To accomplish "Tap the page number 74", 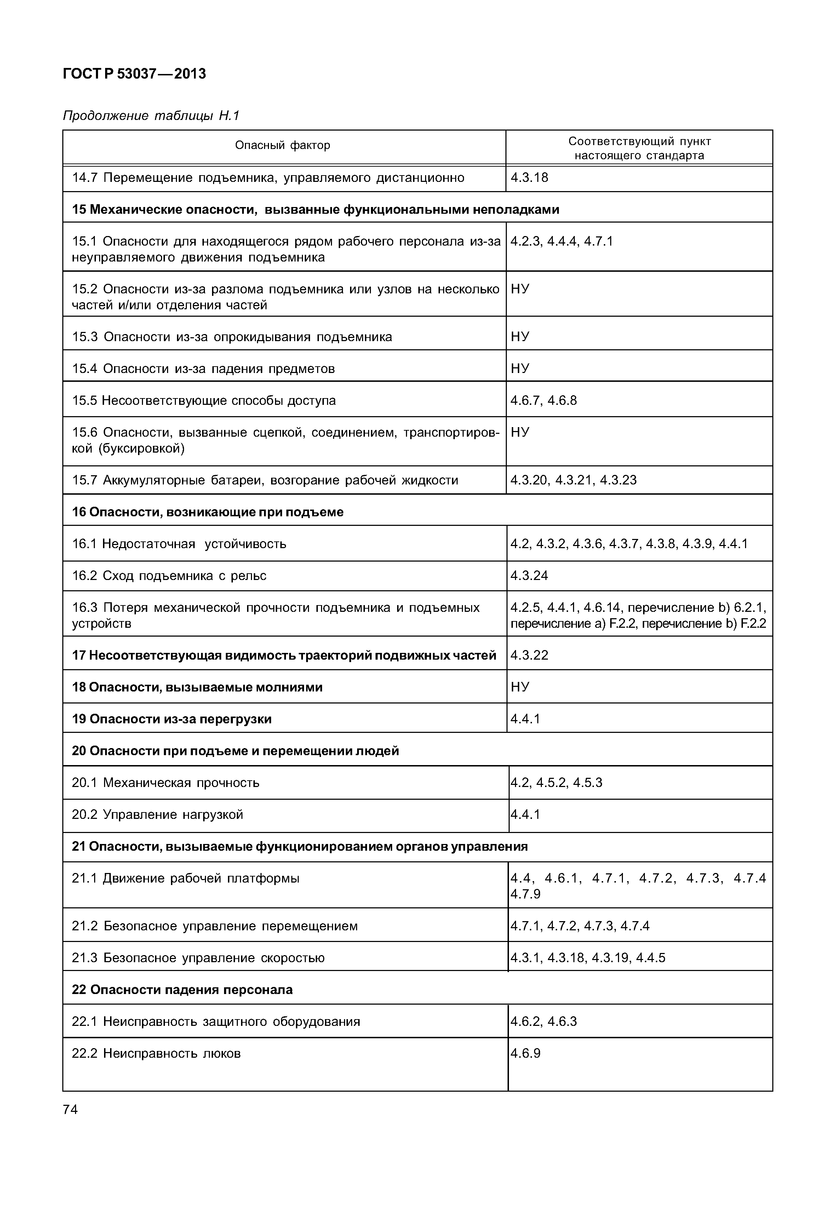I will pyautogui.click(x=70, y=1109).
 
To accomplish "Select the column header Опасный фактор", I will pyautogui.click(x=282, y=145).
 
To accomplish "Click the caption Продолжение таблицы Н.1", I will pyautogui.click(x=151, y=115).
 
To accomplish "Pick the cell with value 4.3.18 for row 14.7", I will pyautogui.click(x=529, y=178).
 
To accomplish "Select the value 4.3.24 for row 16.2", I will pyautogui.click(x=529, y=576).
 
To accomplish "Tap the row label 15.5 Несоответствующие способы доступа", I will pyautogui.click(x=204, y=401).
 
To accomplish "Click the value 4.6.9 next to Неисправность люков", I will pyautogui.click(x=525, y=1053).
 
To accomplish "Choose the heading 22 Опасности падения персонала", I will pyautogui.click(x=182, y=989).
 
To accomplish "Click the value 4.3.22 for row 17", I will pyautogui.click(x=529, y=655).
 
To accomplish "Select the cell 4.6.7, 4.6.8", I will pyautogui.click(x=544, y=401).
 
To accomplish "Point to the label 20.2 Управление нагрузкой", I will pyautogui.click(x=157, y=815).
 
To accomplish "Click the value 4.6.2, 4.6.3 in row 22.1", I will pyautogui.click(x=544, y=1021).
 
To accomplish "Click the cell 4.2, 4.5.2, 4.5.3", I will pyautogui.click(x=556, y=782).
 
